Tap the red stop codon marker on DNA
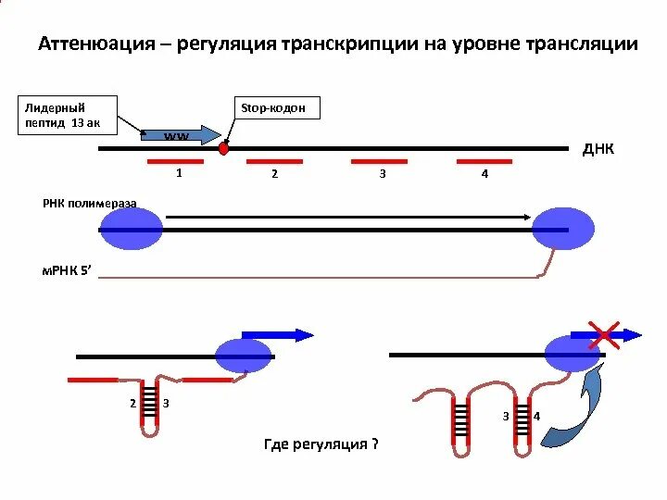pyautogui.click(x=223, y=147)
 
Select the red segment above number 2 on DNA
pyautogui.click(x=273, y=161)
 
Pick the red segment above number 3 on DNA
pyautogui.click(x=380, y=161)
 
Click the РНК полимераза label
pyautogui.click(x=89, y=203)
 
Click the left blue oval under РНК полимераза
pyautogui.click(x=131, y=229)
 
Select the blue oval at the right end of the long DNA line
pyautogui.click(x=562, y=228)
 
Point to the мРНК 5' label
pyautogui.click(x=68, y=271)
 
